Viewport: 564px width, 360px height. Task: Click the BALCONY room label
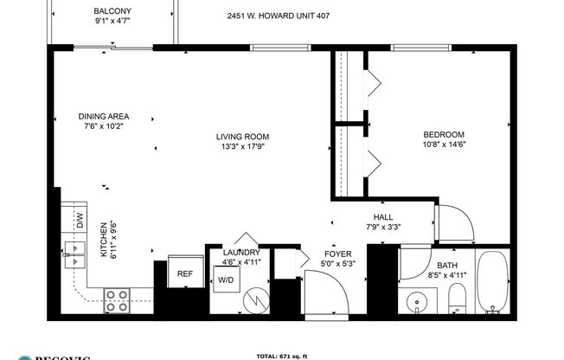point(113,11)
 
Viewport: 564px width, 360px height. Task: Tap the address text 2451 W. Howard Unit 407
point(278,16)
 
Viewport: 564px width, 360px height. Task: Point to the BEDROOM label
point(443,134)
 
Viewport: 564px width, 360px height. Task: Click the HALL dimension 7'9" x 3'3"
point(382,228)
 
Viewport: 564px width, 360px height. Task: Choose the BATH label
point(447,267)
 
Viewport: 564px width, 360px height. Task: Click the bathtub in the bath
point(494,286)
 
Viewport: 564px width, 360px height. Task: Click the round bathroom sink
point(418,303)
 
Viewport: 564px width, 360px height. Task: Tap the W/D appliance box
point(226,280)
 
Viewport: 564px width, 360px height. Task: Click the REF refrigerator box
point(185,273)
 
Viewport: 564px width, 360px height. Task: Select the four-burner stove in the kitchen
point(117,300)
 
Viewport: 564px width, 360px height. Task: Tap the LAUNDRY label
point(241,253)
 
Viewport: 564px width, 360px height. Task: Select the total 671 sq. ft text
point(281,356)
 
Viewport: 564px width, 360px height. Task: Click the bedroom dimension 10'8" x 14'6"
point(443,145)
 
